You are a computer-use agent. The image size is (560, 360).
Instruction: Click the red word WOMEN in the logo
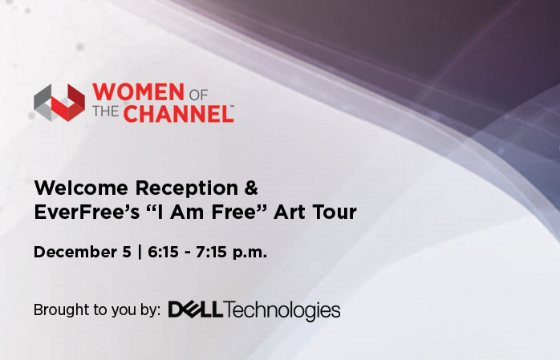(138, 92)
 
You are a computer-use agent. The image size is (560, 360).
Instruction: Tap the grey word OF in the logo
(198, 95)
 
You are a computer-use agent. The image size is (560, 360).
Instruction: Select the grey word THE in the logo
(106, 111)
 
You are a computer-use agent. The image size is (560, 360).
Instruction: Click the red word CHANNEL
(179, 114)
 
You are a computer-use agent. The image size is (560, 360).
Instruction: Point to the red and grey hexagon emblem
(59, 103)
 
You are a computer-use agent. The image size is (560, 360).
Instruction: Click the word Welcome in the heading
(81, 188)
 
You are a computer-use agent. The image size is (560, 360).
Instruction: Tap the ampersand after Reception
(251, 188)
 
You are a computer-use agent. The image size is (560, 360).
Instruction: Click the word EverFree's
(87, 212)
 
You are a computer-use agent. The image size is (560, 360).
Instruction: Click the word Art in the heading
(290, 212)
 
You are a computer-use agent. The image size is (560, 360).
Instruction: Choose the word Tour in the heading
(335, 212)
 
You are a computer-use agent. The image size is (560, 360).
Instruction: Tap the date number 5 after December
(127, 252)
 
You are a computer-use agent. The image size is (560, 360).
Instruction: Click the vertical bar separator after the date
(140, 252)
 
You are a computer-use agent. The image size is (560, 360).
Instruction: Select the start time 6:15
(163, 252)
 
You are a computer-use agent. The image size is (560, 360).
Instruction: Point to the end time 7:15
(211, 252)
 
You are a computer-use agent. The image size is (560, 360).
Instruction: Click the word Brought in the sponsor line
(59, 310)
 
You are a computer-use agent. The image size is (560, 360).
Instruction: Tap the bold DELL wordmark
(195, 309)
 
